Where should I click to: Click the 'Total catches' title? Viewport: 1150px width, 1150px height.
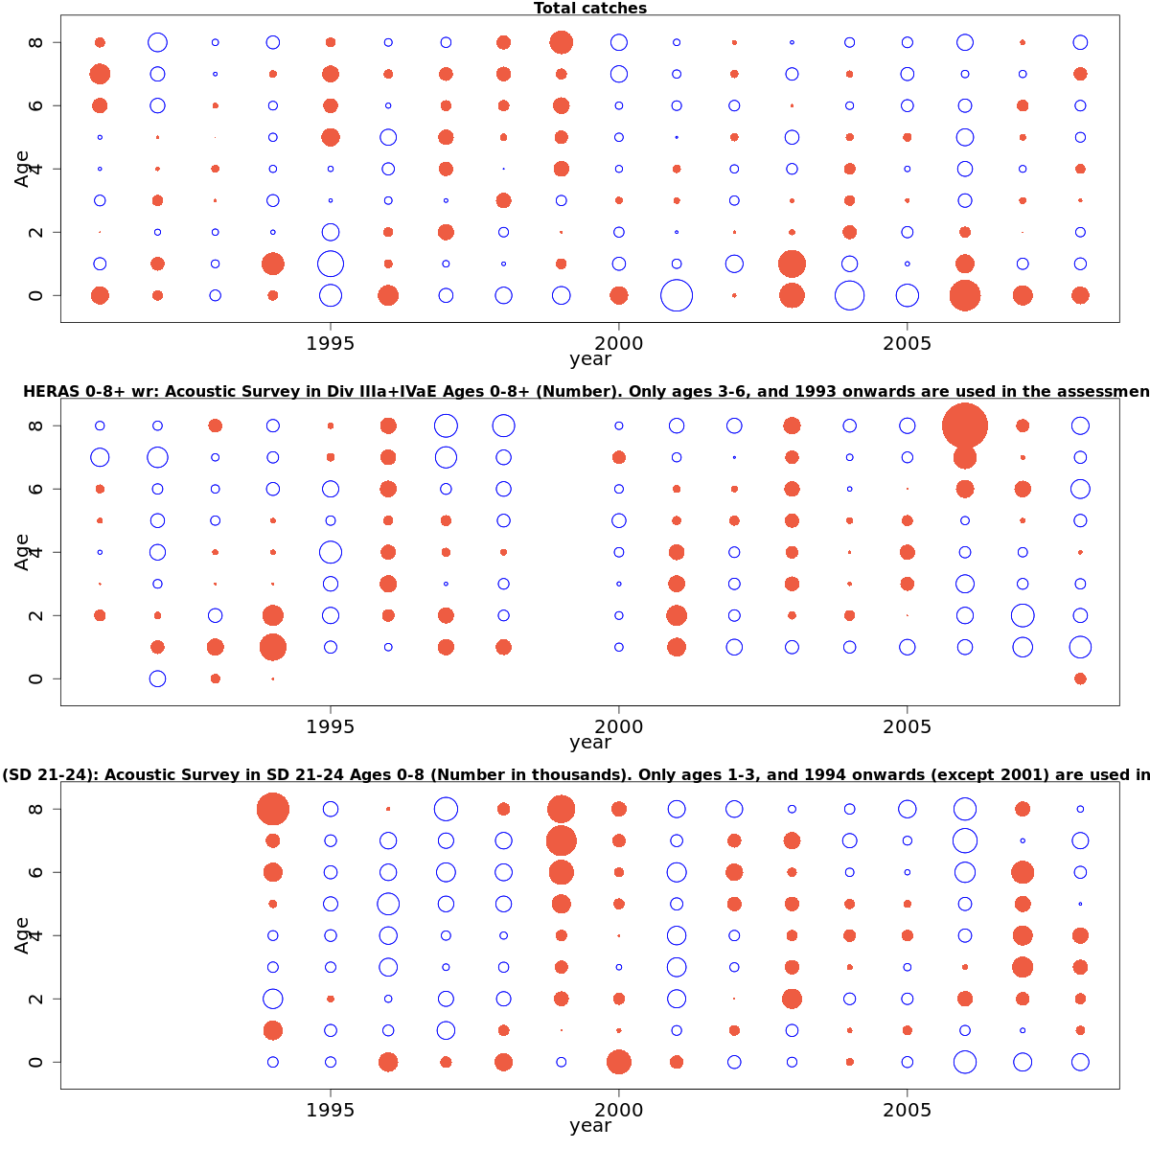click(x=590, y=9)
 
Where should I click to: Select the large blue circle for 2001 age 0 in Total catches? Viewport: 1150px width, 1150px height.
click(x=677, y=295)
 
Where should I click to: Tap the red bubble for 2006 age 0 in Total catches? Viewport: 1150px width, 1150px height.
click(x=965, y=295)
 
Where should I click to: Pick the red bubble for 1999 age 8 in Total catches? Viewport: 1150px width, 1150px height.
click(x=562, y=42)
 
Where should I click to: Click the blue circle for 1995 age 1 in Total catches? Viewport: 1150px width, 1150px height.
click(x=331, y=264)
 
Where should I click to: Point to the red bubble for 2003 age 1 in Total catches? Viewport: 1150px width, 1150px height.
click(x=792, y=264)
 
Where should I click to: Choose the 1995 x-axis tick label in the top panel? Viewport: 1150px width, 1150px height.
click(x=331, y=343)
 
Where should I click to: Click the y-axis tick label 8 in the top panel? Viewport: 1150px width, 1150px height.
click(x=36, y=42)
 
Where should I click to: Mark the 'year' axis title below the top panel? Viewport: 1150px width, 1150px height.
click(x=590, y=359)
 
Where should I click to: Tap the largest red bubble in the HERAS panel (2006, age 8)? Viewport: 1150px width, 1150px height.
click(x=965, y=425)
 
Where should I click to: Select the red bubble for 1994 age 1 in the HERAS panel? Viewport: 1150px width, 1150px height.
click(x=273, y=647)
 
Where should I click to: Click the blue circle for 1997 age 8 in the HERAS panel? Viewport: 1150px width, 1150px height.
click(x=446, y=425)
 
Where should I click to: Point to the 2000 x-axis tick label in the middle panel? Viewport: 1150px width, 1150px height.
click(x=619, y=726)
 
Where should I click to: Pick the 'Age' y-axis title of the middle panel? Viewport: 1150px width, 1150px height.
click(x=23, y=552)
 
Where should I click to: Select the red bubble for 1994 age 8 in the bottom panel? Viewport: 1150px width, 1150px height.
click(x=273, y=809)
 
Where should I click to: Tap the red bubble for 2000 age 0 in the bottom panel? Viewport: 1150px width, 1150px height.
click(x=619, y=1062)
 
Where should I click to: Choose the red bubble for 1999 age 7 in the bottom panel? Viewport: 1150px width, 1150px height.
click(x=562, y=840)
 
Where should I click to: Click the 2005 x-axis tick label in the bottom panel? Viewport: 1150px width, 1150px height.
click(x=908, y=1110)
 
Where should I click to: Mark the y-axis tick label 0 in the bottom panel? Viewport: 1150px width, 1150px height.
click(x=36, y=1062)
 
